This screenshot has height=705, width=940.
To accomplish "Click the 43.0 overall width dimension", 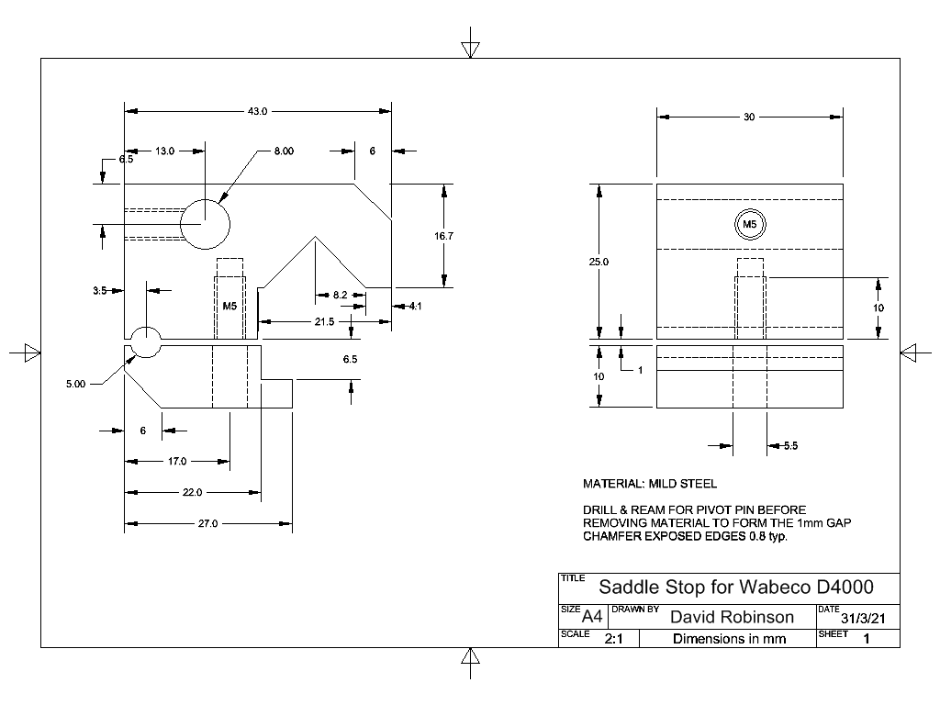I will click(257, 111).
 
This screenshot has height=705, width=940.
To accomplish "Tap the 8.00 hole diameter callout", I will click(283, 151).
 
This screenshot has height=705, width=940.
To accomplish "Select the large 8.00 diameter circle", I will click(205, 223).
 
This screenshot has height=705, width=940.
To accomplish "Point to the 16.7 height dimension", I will click(443, 236).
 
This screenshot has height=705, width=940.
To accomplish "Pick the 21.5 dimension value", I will click(325, 321).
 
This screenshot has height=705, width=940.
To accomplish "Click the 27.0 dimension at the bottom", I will click(208, 524).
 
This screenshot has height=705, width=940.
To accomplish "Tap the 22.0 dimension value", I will click(192, 493).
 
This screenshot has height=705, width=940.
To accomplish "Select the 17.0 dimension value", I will click(176, 461).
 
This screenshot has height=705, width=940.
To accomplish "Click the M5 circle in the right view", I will click(750, 224).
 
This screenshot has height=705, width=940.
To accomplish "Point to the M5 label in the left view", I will click(230, 307).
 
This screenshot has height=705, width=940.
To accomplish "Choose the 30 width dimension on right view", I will click(749, 117).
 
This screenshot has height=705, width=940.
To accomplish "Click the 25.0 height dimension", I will click(599, 262).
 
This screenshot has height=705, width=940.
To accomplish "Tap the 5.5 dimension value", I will click(790, 446).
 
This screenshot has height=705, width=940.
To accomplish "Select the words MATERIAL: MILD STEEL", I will click(650, 484).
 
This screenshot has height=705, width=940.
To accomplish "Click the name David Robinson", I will click(732, 616).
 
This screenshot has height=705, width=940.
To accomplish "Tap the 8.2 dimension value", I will click(340, 295).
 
